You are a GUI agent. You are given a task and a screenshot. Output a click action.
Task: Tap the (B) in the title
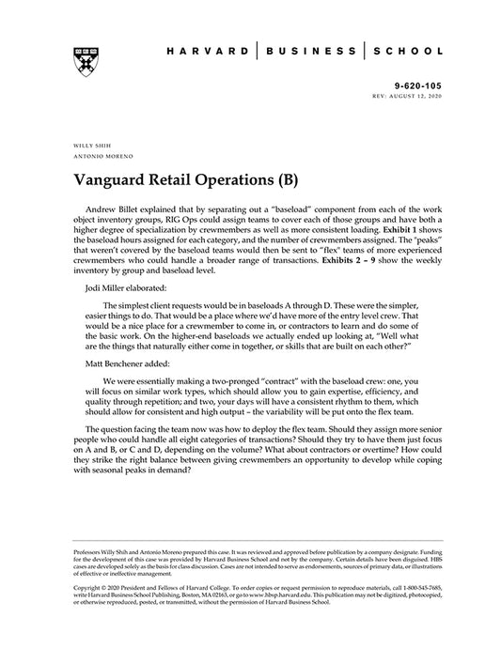285,177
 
